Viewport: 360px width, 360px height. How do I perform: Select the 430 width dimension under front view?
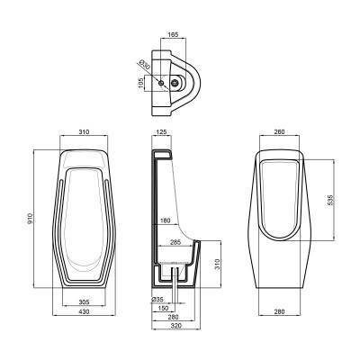pos(82,314)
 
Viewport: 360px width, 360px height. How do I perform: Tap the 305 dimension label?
pos(82,302)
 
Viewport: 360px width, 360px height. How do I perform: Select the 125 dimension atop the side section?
pos(162,133)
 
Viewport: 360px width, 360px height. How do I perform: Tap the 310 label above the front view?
pos(82,133)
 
